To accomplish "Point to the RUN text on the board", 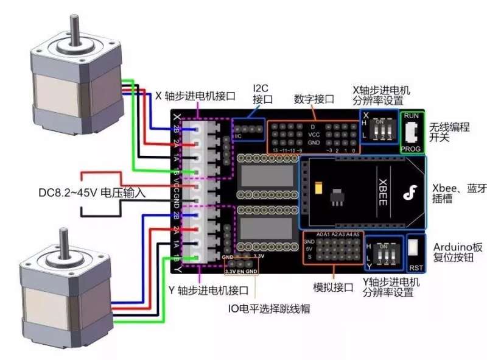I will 412,115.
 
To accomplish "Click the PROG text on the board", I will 412,148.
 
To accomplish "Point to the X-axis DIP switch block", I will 379,129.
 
